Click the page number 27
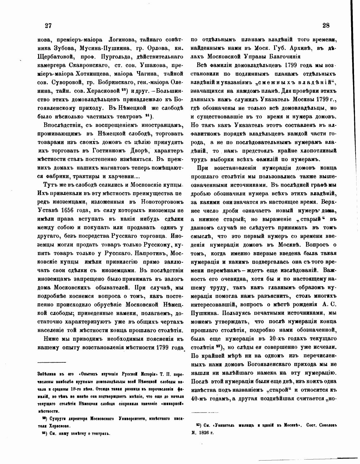(x=48, y=26)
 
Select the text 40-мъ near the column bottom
(x=200, y=398)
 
